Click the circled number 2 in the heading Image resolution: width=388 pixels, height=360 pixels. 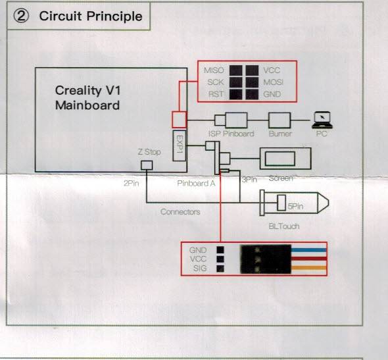(21, 16)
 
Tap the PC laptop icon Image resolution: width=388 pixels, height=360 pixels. (322, 120)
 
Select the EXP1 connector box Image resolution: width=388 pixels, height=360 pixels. (180, 145)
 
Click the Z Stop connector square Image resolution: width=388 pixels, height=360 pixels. (147, 165)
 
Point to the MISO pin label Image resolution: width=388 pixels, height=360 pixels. (214, 70)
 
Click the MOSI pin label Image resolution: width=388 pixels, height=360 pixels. (273, 82)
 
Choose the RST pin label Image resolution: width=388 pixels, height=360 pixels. (216, 94)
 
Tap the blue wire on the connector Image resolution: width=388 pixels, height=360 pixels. (309, 250)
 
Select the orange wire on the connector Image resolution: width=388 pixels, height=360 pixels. (309, 268)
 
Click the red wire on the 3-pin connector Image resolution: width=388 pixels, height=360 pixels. (309, 259)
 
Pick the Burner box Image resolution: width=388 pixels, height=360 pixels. (279, 120)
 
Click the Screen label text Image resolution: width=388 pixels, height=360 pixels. (281, 178)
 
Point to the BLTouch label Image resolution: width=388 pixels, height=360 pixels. (284, 226)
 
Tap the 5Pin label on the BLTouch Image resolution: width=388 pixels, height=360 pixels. (295, 206)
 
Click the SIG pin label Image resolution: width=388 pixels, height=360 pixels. (200, 268)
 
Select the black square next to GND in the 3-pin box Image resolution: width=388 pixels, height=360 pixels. (220, 250)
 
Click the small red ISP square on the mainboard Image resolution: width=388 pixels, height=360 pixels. (179, 120)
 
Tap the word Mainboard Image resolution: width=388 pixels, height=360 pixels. (87, 105)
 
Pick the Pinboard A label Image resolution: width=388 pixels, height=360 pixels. (196, 184)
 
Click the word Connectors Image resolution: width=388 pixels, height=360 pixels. (180, 212)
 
